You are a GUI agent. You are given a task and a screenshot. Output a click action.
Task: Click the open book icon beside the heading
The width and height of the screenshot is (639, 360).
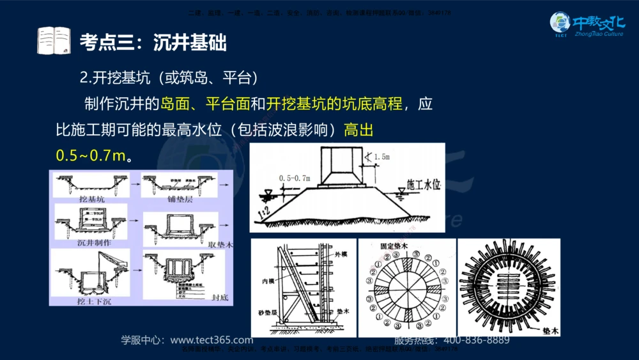click(54, 41)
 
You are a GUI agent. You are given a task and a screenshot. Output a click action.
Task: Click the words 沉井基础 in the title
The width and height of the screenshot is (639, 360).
click(190, 43)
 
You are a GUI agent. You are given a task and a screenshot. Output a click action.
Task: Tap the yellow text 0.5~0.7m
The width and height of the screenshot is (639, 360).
click(91, 155)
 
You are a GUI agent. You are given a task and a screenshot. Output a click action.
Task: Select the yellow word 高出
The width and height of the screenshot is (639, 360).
click(358, 130)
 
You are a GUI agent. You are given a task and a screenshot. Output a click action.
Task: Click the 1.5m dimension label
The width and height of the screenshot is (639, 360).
click(381, 156)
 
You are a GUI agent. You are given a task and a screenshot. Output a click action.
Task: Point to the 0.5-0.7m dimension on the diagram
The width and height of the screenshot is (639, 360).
click(294, 178)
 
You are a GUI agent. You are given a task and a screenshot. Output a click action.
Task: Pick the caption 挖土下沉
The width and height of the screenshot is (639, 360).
click(93, 301)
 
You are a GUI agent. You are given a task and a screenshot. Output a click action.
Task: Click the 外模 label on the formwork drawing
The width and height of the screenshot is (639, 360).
click(343, 254)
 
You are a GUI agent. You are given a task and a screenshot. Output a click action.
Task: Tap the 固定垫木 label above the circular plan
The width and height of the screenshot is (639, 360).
click(406, 246)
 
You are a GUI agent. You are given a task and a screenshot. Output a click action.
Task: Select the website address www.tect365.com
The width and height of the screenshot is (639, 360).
click(212, 340)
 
